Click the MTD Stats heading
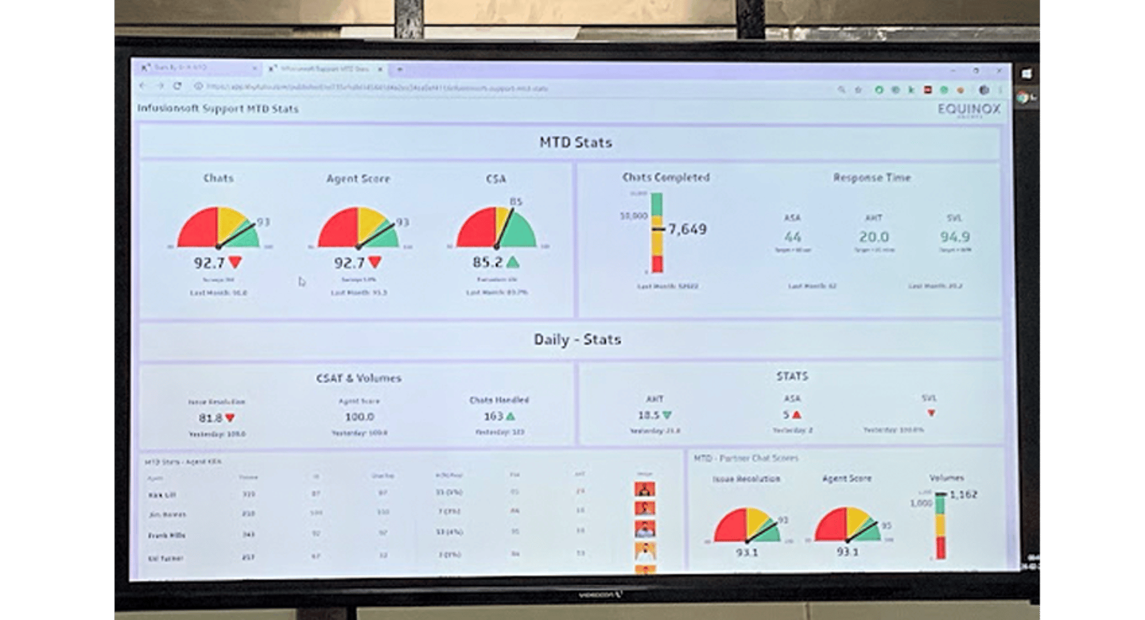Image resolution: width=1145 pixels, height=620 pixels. coord(575,143)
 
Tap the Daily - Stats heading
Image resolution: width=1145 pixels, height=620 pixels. coord(577,340)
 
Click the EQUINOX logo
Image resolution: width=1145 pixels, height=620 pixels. coord(968,109)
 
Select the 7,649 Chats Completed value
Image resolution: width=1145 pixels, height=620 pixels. coord(687,229)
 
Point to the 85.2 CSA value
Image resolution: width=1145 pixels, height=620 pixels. coord(487,263)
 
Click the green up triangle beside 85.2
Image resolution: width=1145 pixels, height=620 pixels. coord(512,262)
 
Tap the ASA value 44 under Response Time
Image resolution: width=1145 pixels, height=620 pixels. coord(792,237)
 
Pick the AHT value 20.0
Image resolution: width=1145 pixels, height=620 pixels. coord(874,237)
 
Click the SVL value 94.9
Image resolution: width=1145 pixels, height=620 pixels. coord(954,237)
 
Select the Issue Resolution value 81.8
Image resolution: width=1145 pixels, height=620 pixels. coord(210,418)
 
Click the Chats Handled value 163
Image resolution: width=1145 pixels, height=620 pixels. coord(493,417)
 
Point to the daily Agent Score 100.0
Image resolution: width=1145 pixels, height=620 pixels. coord(359,417)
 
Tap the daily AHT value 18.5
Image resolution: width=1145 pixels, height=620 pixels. coord(648,415)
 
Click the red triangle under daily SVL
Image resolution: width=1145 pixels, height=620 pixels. coord(931,413)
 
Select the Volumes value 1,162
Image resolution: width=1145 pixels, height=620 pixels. coord(963,495)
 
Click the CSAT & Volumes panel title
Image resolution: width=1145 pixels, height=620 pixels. coord(358,378)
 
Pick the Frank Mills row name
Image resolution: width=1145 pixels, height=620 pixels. coord(166,536)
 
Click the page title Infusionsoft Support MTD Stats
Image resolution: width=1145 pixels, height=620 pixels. coord(218,109)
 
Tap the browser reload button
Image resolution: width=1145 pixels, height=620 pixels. coord(177,87)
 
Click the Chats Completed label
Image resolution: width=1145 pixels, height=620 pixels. coord(666,178)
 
